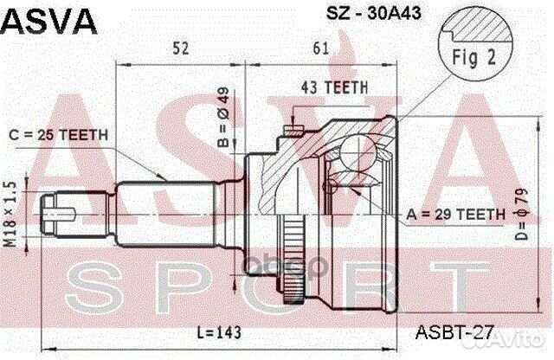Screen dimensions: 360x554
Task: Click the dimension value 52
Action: coord(180,49)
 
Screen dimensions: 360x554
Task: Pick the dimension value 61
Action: coord(320,49)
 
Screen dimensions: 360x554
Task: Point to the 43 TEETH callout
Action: coord(333,87)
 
